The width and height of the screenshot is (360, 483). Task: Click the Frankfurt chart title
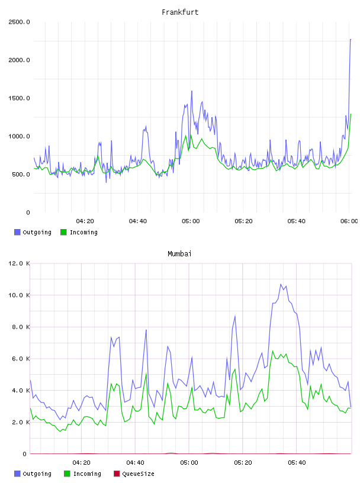click(x=180, y=12)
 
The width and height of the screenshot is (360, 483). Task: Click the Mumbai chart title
click(x=179, y=254)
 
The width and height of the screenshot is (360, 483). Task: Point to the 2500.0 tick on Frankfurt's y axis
click(x=19, y=22)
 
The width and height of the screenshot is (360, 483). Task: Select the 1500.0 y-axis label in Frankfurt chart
click(x=19, y=98)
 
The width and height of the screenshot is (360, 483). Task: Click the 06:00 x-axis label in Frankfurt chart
click(x=349, y=221)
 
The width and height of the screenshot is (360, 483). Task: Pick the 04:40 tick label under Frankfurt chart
click(x=138, y=221)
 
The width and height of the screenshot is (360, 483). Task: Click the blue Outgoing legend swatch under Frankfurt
click(x=17, y=232)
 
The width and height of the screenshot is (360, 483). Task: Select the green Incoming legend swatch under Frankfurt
click(x=63, y=232)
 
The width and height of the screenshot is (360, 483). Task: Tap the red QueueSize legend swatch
click(x=117, y=474)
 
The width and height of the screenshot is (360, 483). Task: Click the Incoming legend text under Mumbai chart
click(x=87, y=474)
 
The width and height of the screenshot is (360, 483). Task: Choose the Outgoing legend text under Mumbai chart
click(x=37, y=474)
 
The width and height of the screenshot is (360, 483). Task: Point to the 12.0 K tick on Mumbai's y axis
click(x=19, y=263)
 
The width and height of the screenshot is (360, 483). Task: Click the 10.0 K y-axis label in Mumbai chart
click(x=19, y=295)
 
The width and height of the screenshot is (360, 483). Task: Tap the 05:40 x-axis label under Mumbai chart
click(x=297, y=463)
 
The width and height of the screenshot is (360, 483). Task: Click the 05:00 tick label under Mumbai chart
click(x=189, y=463)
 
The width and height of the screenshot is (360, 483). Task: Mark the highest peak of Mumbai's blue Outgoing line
click(x=281, y=284)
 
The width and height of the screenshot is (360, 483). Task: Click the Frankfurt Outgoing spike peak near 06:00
click(x=351, y=40)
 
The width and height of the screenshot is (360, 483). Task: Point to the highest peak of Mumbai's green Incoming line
click(x=272, y=351)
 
